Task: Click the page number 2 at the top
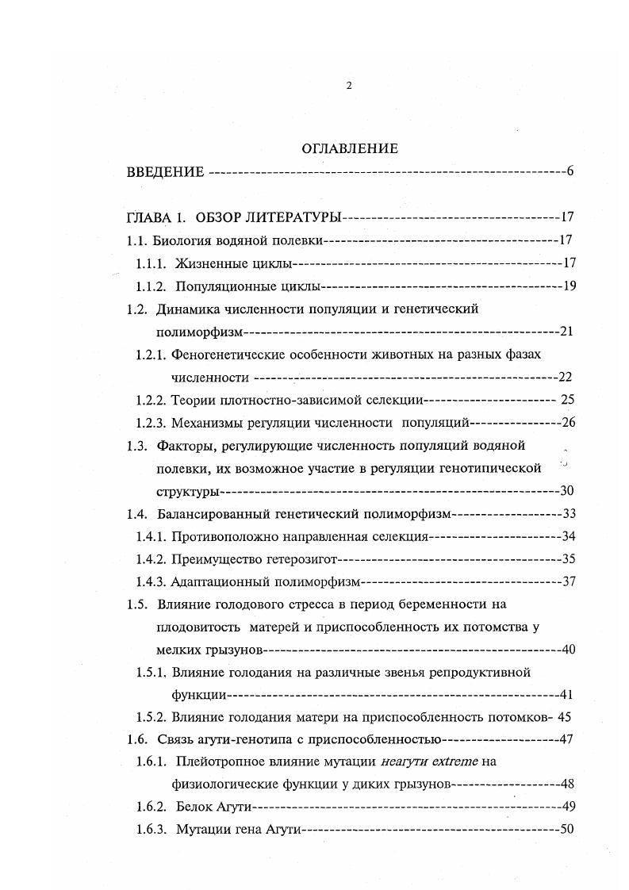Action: (349, 86)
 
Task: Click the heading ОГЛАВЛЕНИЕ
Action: (349, 148)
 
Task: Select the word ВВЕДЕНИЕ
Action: (166, 172)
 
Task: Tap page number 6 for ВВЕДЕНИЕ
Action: (570, 172)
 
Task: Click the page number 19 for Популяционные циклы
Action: (568, 286)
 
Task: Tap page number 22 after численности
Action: (564, 377)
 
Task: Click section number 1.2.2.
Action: (150, 400)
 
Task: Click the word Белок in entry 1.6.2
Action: (191, 808)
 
